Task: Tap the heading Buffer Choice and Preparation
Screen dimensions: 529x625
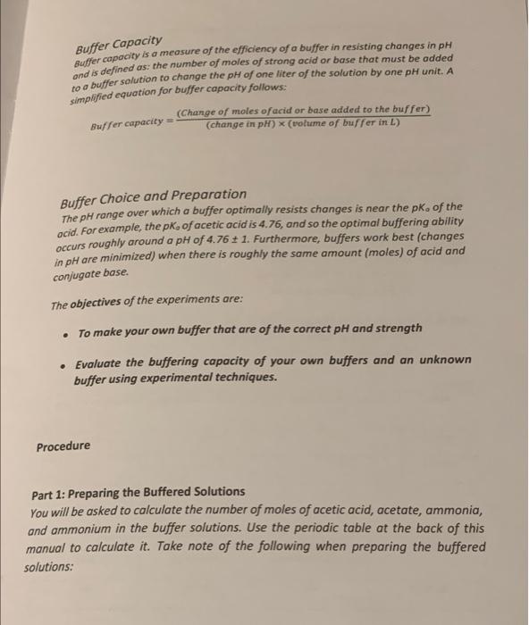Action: pos(153,194)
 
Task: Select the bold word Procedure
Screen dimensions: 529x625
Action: pos(63,446)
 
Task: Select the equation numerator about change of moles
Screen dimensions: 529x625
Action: pos(291,110)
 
